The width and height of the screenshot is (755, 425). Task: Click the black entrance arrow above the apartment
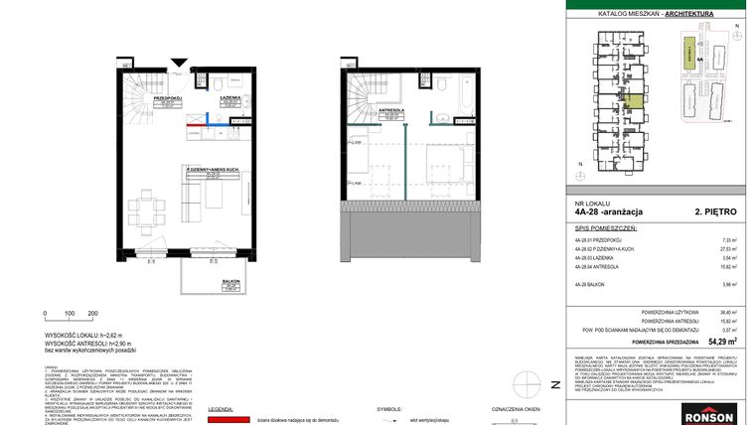pos(178,64)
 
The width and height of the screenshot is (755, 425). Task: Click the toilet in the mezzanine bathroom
pos(437,118)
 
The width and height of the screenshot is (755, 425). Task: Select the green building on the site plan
pos(688,55)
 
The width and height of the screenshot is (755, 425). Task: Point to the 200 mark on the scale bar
pos(92,313)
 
